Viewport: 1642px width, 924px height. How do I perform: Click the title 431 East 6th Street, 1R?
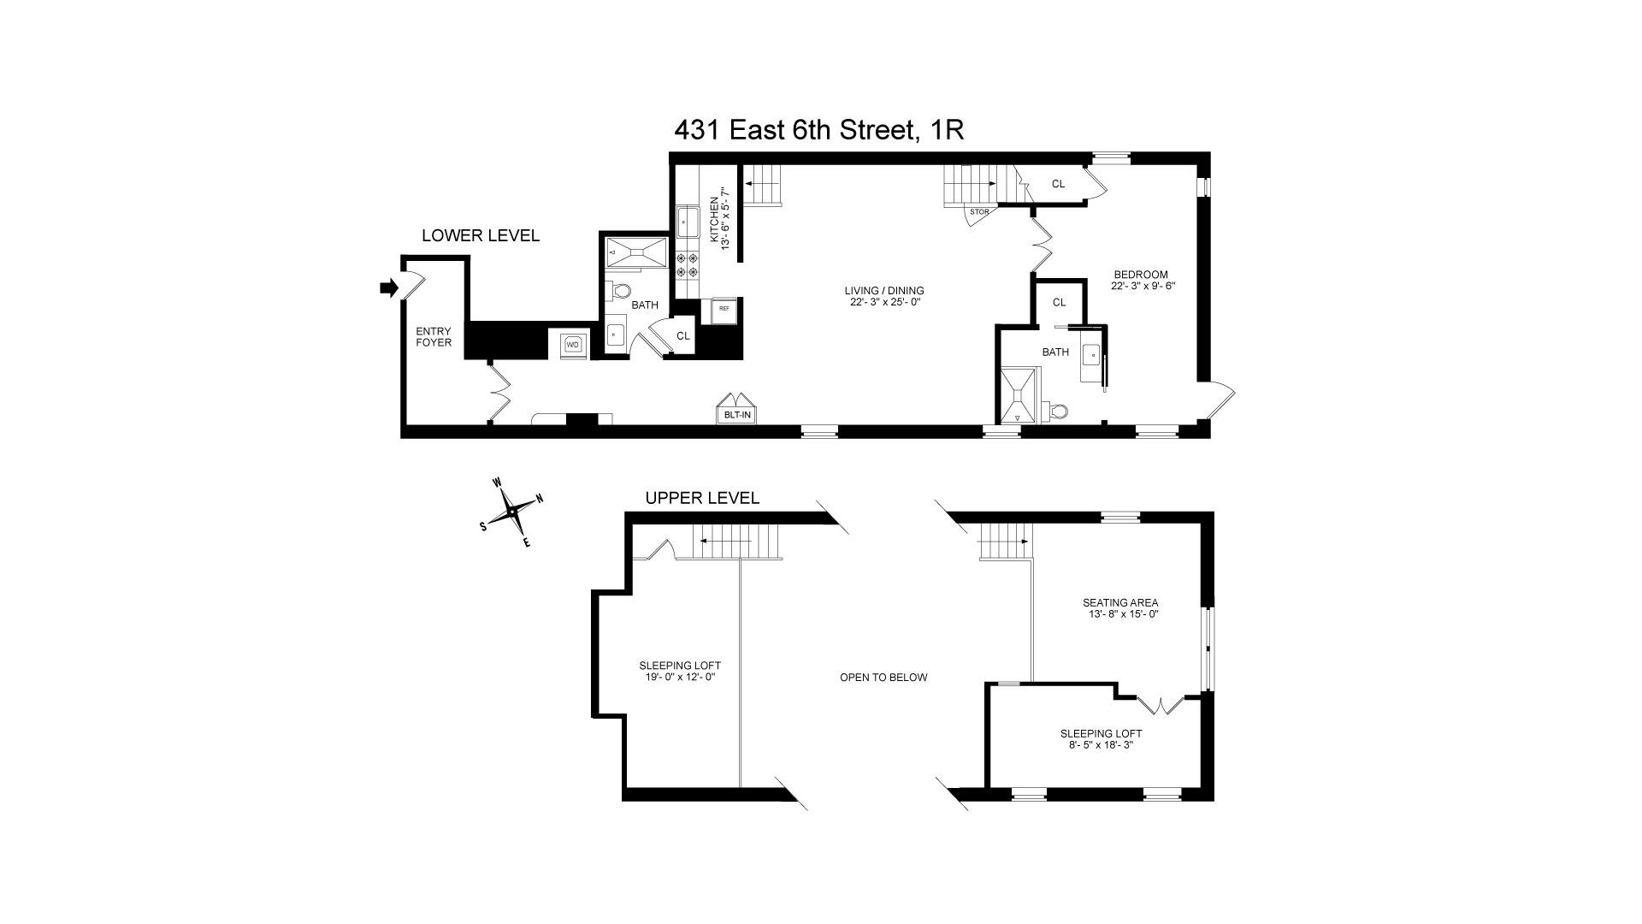click(x=819, y=130)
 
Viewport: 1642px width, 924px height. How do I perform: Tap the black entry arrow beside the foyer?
click(x=389, y=288)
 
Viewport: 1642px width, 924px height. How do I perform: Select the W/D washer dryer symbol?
click(x=573, y=344)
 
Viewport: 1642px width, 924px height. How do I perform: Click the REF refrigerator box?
click(x=724, y=309)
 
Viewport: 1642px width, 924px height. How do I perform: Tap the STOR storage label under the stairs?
click(x=979, y=211)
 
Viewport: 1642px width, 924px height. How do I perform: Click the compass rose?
click(x=512, y=512)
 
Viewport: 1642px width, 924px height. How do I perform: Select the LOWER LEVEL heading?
click(x=481, y=235)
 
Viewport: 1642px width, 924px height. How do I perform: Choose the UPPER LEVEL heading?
click(x=702, y=498)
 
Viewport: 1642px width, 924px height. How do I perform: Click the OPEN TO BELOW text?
click(x=883, y=678)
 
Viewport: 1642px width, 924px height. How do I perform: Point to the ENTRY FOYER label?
click(x=434, y=337)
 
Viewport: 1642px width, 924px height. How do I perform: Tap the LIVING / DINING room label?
click(x=884, y=290)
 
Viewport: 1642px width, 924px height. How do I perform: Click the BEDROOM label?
click(x=1139, y=275)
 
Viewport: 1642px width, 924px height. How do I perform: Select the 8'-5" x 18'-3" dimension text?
click(x=1101, y=744)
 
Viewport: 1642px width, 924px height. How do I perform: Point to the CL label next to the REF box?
click(x=682, y=336)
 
